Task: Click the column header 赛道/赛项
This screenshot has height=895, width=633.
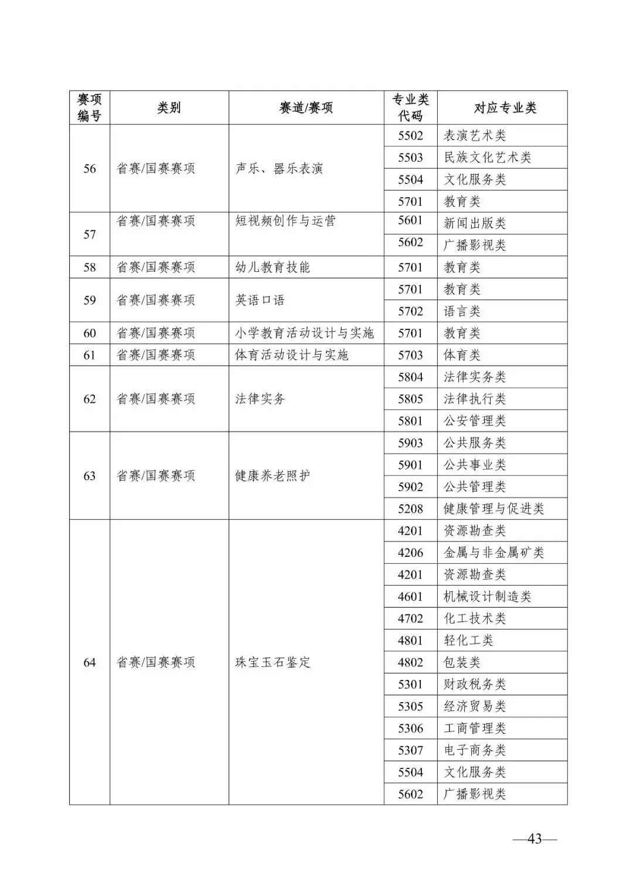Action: (x=306, y=108)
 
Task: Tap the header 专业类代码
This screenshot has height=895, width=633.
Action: (x=410, y=108)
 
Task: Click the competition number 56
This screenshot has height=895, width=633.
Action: (x=89, y=169)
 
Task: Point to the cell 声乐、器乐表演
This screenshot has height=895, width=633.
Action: (x=279, y=169)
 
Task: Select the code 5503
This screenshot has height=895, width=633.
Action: (x=410, y=158)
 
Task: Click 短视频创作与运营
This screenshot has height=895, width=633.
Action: (x=285, y=221)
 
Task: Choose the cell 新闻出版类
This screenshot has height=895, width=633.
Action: (x=474, y=223)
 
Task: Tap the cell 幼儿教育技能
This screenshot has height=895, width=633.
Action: (x=273, y=267)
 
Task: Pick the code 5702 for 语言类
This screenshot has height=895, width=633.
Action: (x=410, y=311)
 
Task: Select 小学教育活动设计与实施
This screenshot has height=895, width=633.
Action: (x=304, y=333)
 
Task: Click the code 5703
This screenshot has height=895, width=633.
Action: (x=410, y=355)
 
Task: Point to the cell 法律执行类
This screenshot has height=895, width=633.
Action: (x=474, y=399)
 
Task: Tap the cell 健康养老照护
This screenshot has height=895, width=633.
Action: (x=273, y=476)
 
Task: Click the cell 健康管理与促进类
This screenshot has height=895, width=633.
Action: (x=494, y=509)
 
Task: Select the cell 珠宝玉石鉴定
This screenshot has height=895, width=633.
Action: (x=273, y=662)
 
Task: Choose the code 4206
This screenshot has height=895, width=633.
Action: (x=410, y=553)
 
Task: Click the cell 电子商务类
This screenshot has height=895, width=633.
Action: (x=474, y=750)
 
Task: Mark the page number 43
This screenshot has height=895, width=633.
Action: (x=535, y=839)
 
